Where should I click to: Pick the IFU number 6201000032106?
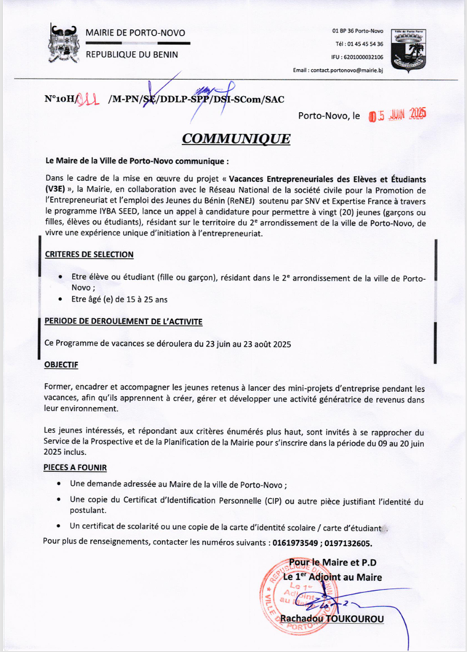[357, 56]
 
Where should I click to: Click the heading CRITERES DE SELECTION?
[89, 254]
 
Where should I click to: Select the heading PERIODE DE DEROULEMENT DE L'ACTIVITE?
[123, 321]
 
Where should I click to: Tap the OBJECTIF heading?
[61, 364]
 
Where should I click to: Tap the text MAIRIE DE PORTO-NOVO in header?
[135, 33]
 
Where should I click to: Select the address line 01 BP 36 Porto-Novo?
[358, 31]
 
